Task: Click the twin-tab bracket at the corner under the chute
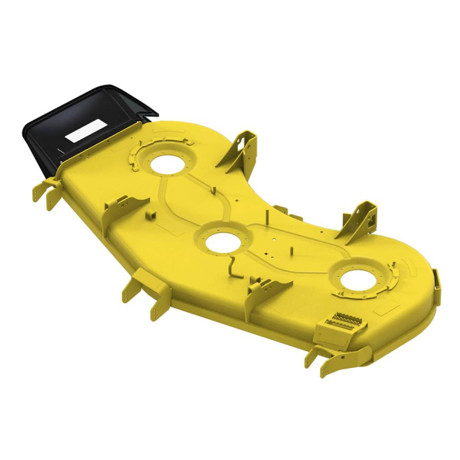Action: tap(47, 191)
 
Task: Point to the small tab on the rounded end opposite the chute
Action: tap(436, 279)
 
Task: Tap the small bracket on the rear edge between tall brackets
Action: tap(281, 211)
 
